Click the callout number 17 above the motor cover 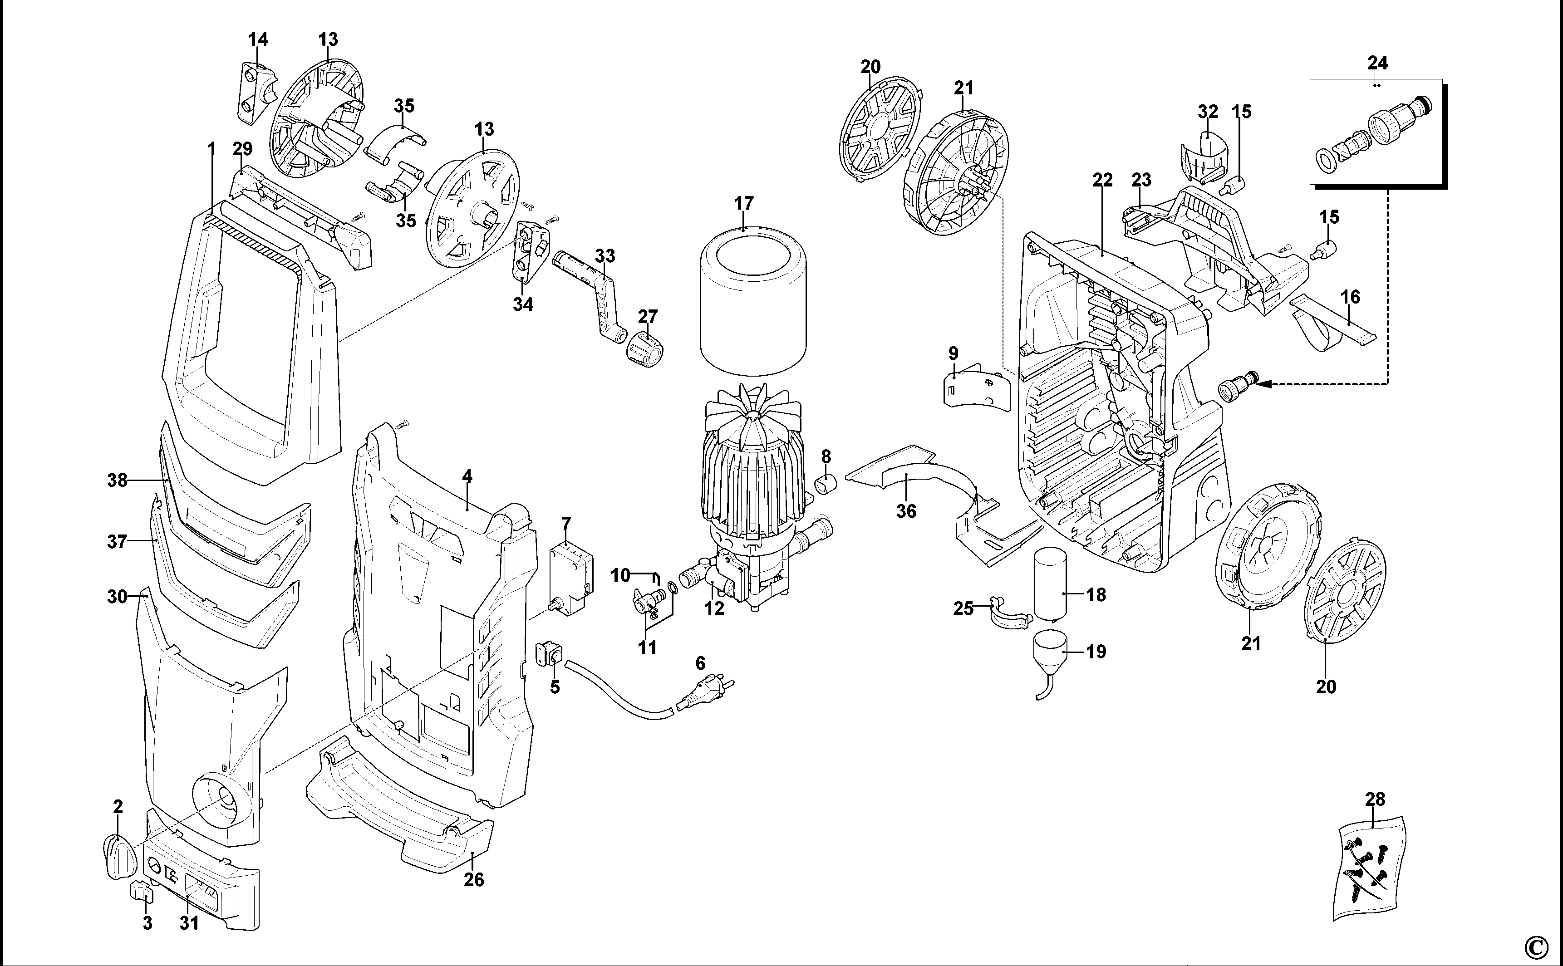[x=744, y=204]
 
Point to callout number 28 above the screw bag [x=1375, y=799]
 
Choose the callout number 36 [x=906, y=511]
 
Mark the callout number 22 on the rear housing [x=1102, y=180]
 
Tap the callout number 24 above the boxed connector [x=1378, y=63]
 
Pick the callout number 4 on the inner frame [x=467, y=476]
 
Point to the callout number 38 [x=118, y=480]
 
